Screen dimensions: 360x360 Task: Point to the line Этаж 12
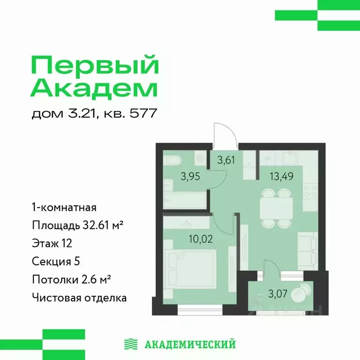52,243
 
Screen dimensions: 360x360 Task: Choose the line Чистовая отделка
79,297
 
